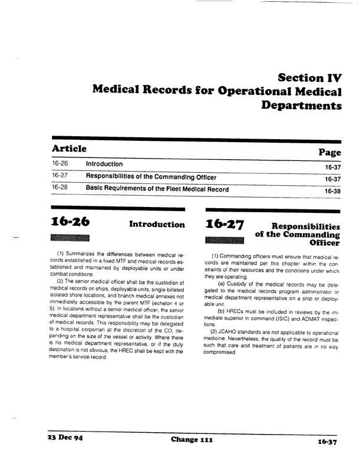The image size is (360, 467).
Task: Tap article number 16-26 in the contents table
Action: (x=61, y=163)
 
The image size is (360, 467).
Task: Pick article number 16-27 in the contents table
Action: (x=61, y=176)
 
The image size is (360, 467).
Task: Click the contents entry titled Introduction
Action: (x=105, y=163)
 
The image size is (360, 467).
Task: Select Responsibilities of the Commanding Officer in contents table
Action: (x=151, y=176)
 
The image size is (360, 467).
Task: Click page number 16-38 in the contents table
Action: (x=333, y=191)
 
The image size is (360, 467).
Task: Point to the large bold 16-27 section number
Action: (x=225, y=224)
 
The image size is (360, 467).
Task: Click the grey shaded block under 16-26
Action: (x=71, y=238)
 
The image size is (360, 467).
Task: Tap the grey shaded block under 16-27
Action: (x=225, y=239)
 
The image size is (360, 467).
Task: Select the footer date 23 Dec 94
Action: (x=64, y=440)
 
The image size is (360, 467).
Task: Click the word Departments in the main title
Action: (x=303, y=106)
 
